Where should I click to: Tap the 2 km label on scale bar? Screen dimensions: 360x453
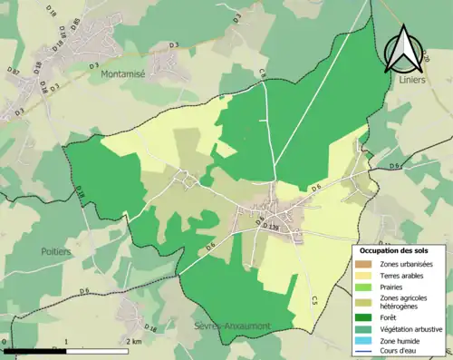[133, 342]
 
